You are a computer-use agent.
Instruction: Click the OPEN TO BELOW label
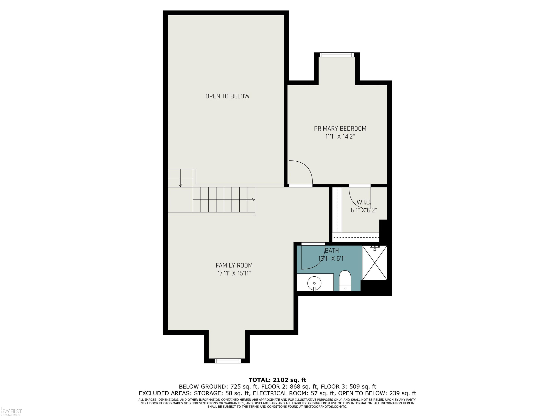point(227,96)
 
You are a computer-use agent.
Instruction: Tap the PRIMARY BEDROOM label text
point(340,129)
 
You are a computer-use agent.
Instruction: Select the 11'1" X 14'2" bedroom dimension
point(340,137)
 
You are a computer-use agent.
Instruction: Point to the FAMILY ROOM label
point(234,265)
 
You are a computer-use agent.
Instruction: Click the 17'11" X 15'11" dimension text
point(234,273)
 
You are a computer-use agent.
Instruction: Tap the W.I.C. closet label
point(364,202)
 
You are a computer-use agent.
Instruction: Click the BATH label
point(332,251)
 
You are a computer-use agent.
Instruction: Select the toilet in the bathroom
point(345,281)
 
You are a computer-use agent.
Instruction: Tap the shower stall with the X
point(375,263)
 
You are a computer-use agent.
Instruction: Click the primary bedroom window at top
point(337,55)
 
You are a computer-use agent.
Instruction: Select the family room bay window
point(228,361)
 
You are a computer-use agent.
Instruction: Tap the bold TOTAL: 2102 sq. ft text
point(277,380)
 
